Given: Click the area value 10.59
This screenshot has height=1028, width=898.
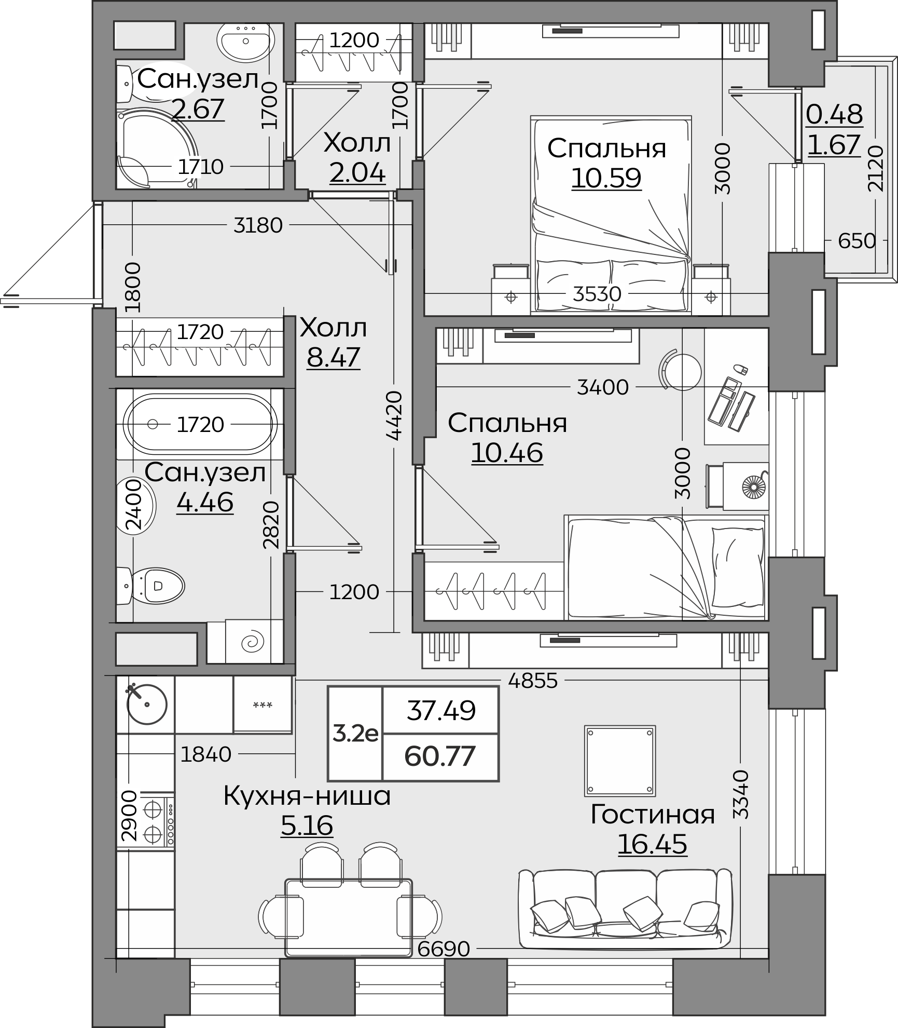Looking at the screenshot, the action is pyautogui.click(x=606, y=178).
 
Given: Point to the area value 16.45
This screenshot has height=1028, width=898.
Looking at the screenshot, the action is pyautogui.click(x=652, y=844).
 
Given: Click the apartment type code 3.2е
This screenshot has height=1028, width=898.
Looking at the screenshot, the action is pyautogui.click(x=355, y=734).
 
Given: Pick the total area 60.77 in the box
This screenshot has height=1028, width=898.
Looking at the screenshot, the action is pyautogui.click(x=440, y=756).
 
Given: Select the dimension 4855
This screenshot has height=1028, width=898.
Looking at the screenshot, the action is pyautogui.click(x=533, y=681).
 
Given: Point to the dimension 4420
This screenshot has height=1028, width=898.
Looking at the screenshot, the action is pyautogui.click(x=395, y=415).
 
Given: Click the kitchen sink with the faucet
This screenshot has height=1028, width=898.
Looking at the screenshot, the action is pyautogui.click(x=147, y=704).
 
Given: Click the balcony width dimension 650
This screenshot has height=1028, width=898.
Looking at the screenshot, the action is pyautogui.click(x=856, y=241).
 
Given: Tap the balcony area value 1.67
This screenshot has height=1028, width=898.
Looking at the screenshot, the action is pyautogui.click(x=834, y=144).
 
